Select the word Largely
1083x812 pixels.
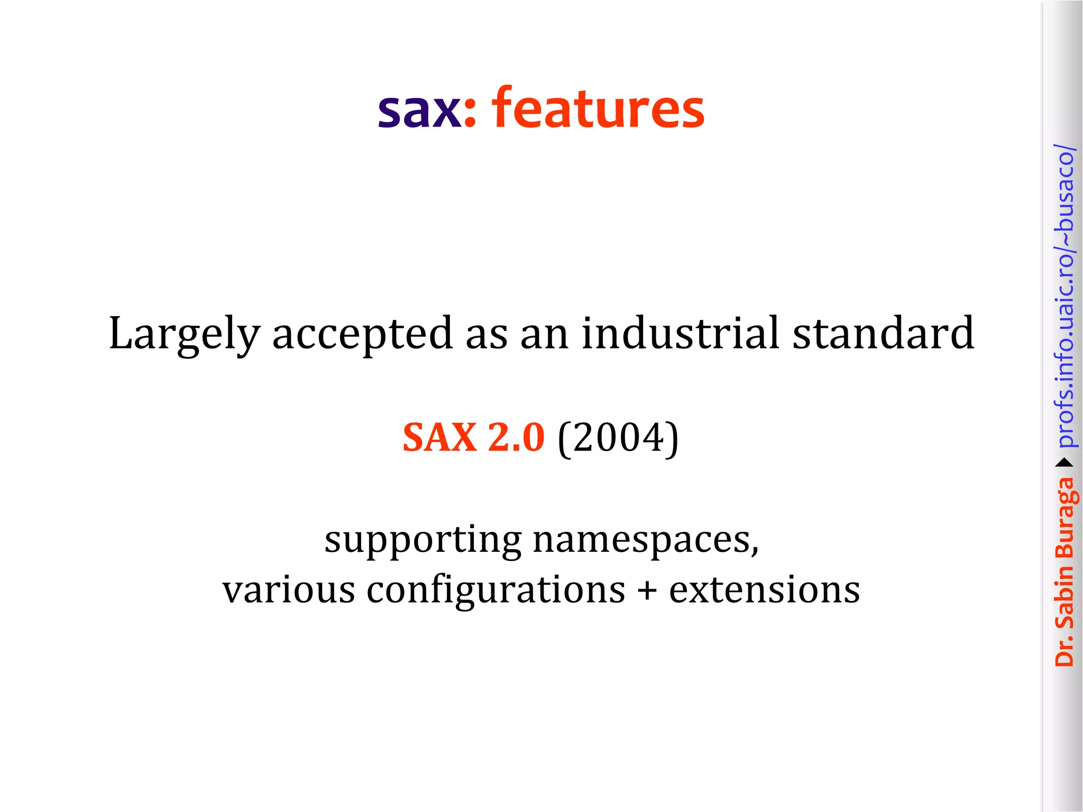click(x=184, y=334)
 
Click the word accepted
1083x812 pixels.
click(x=363, y=334)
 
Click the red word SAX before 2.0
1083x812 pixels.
click(x=439, y=438)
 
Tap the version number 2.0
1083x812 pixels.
click(x=516, y=438)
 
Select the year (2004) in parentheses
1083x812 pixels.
click(x=618, y=438)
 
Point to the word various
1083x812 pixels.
click(x=288, y=589)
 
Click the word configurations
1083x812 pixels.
click(x=495, y=590)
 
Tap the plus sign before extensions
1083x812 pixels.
click(x=647, y=590)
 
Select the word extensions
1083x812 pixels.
click(x=764, y=589)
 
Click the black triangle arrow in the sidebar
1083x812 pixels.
click(x=1064, y=463)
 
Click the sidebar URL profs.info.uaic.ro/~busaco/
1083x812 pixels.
click(x=1064, y=296)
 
